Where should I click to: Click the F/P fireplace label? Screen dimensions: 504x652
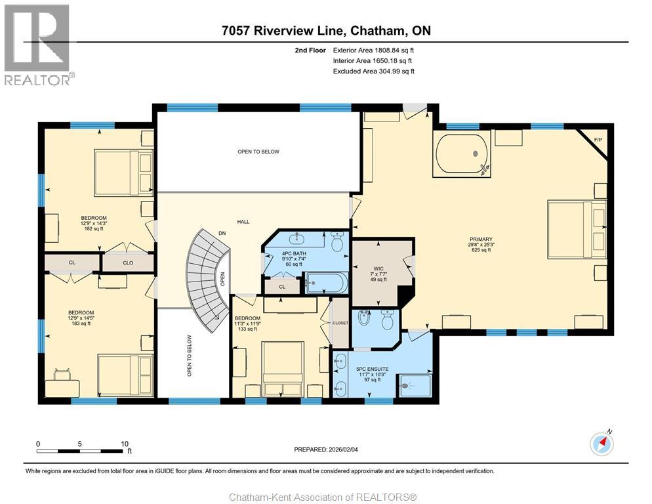pos(598,139)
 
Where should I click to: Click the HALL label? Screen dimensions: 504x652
pos(243,222)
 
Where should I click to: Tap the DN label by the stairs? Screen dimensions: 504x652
pos(222,233)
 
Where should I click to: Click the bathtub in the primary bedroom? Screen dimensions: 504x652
pos(462,154)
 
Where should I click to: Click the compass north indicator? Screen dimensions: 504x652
pos(602,444)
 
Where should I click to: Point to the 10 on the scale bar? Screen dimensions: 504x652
pos(124,444)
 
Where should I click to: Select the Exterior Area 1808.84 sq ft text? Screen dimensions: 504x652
pos(373,50)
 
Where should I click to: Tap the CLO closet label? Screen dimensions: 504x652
pos(127,263)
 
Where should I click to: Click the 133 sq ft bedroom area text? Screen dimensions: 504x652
pos(247,329)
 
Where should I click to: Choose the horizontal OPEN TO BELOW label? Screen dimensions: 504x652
pos(258,152)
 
